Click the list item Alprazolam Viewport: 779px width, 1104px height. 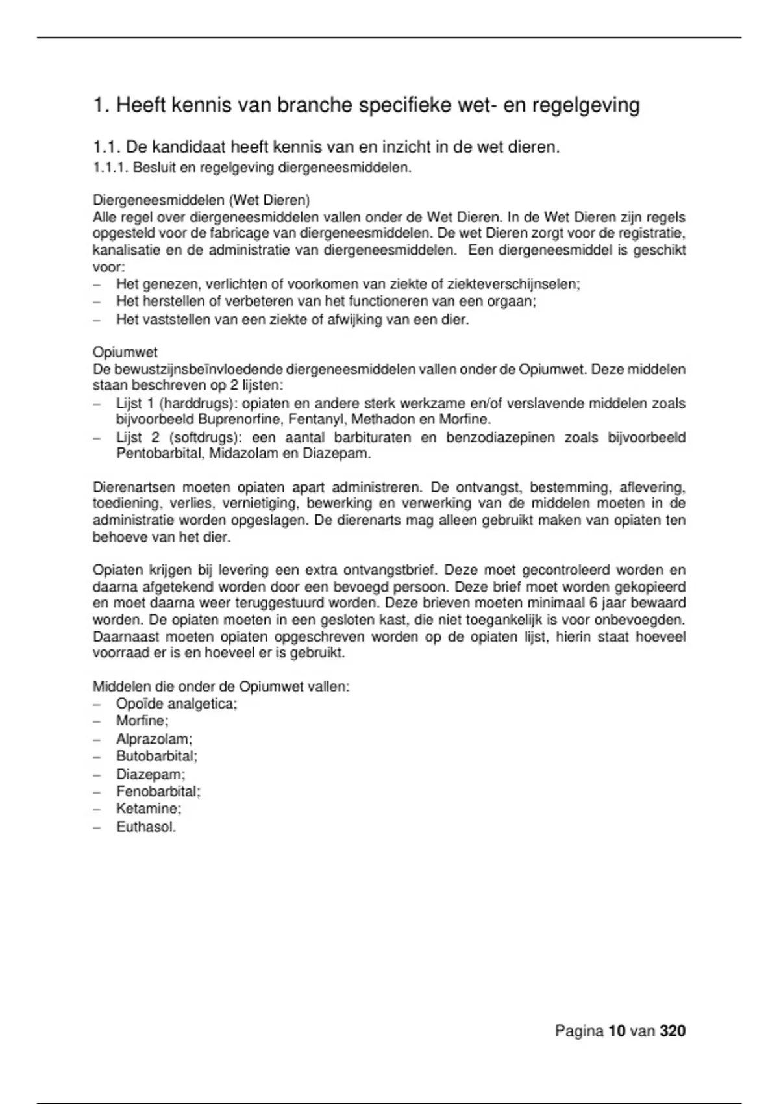(154, 739)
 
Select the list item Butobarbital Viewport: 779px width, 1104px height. (156, 757)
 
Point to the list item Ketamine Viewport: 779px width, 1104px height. (149, 809)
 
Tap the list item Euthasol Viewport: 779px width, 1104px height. (146, 827)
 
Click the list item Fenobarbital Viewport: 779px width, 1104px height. (158, 792)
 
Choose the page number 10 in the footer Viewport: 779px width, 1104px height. (617, 1031)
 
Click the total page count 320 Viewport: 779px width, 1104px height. (673, 1031)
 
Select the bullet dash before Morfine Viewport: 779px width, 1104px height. (97, 721)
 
